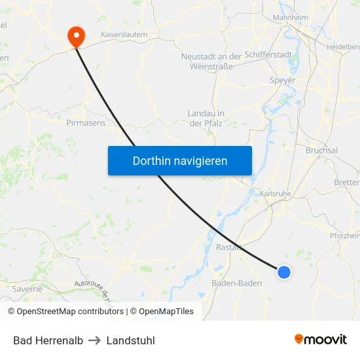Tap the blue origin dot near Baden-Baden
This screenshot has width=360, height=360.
283,272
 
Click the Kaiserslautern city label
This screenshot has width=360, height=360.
124,34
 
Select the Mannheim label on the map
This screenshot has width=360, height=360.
290,17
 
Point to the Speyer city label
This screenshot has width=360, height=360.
283,81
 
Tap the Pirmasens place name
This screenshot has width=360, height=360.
86,122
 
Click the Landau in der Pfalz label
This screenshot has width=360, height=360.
206,118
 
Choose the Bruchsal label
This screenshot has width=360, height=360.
321,150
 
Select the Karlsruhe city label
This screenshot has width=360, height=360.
275,194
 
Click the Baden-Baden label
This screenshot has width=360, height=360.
237,283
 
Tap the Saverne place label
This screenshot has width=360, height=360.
27,289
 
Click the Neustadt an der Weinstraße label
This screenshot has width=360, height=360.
211,62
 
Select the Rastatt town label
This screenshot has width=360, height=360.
230,247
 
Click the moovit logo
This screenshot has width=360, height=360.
321,339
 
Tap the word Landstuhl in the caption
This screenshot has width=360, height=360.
131,340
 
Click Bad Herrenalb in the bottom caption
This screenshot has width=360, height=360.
48,340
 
